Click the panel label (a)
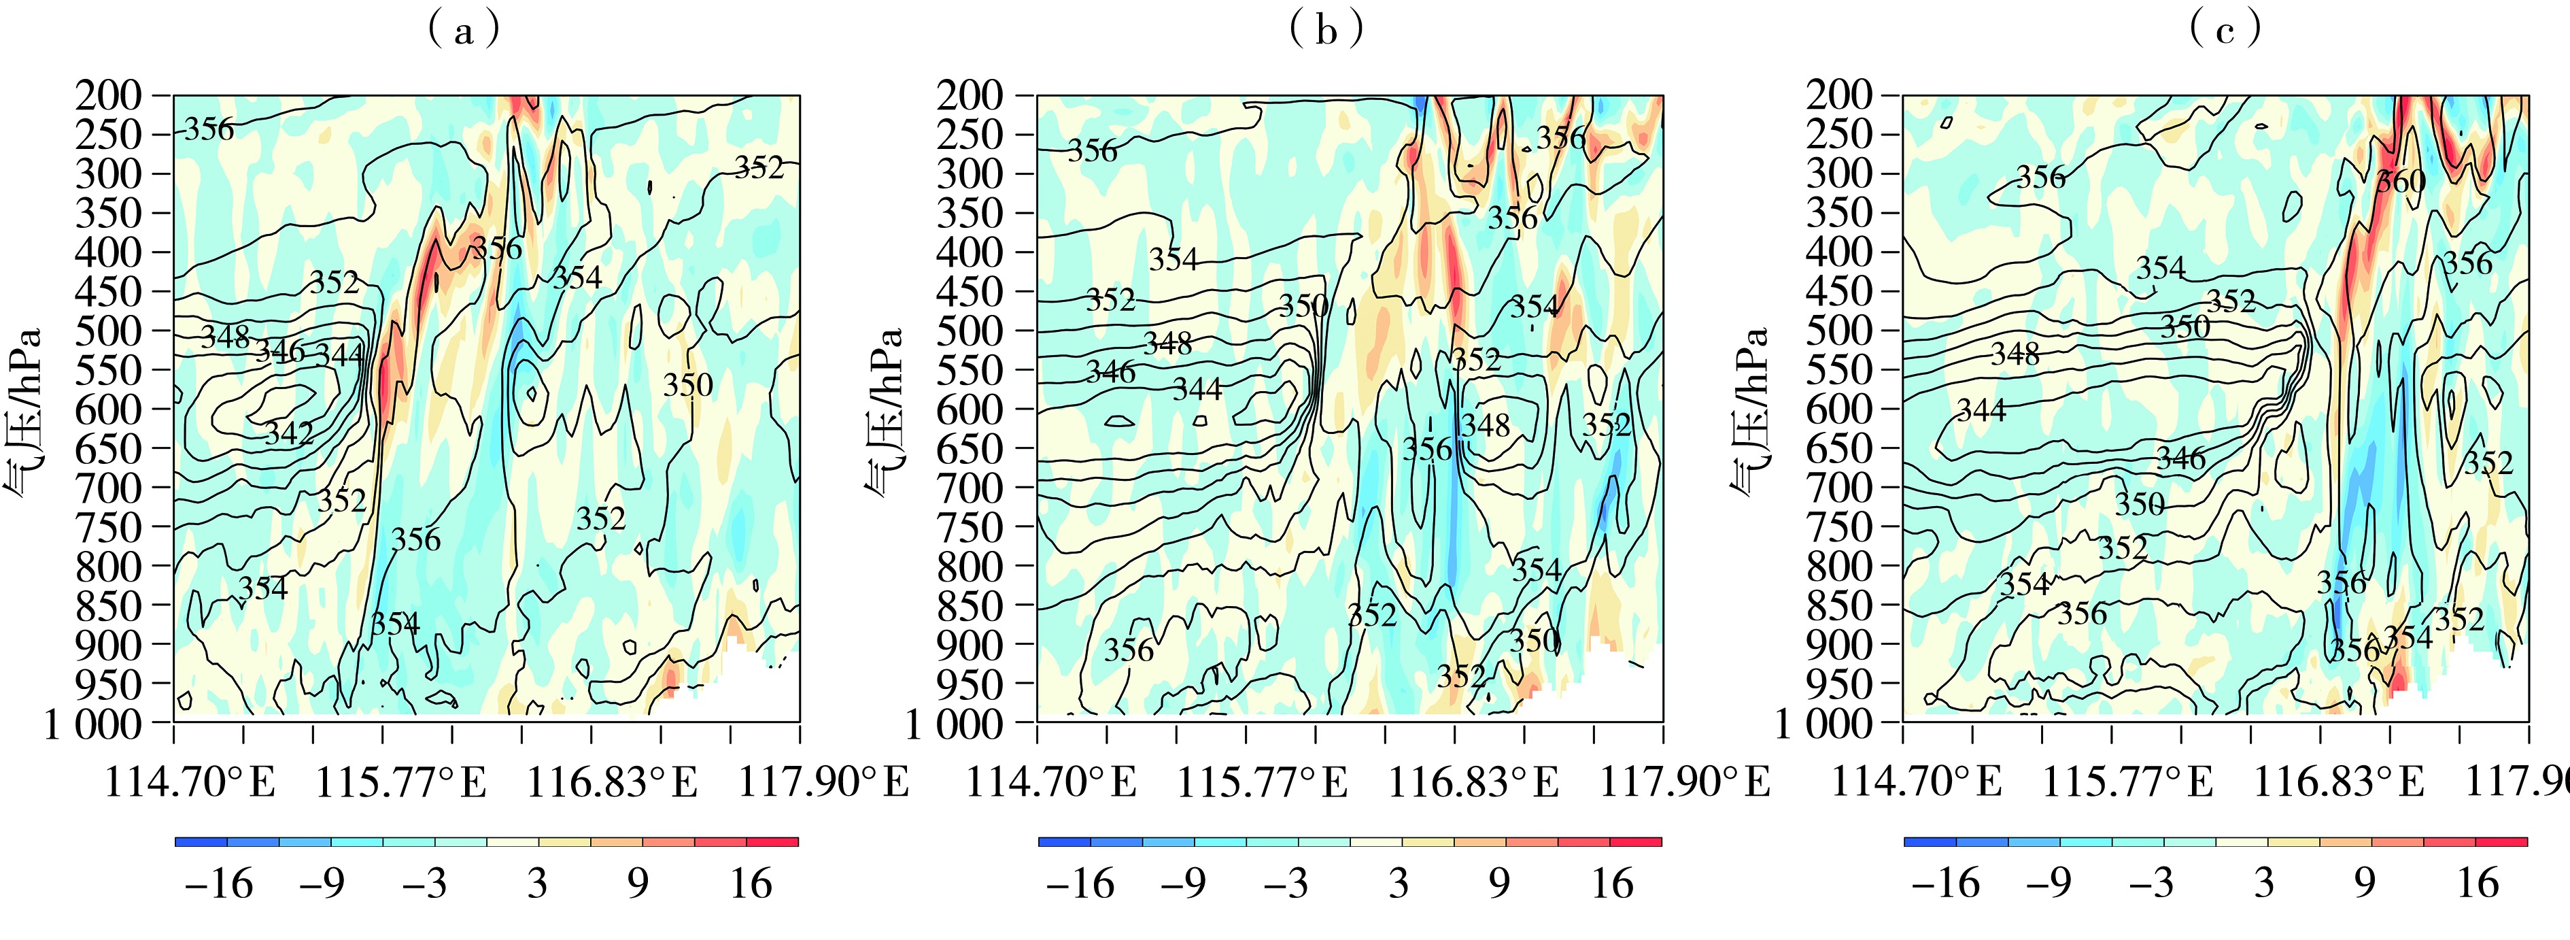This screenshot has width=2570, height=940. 462,31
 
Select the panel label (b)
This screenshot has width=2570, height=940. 1325,31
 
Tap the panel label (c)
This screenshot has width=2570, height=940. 2224,31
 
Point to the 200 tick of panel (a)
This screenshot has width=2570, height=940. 109,96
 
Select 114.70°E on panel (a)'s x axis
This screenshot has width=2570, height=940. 190,782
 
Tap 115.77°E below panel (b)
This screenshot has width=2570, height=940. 1262,782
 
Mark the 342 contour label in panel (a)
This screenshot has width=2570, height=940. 290,433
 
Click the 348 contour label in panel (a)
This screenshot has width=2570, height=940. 226,336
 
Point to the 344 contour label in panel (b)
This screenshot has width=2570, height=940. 1197,388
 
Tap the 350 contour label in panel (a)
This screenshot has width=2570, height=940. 688,385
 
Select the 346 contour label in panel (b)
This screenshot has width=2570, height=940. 1110,372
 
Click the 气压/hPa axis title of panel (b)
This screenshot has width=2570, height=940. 883,409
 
